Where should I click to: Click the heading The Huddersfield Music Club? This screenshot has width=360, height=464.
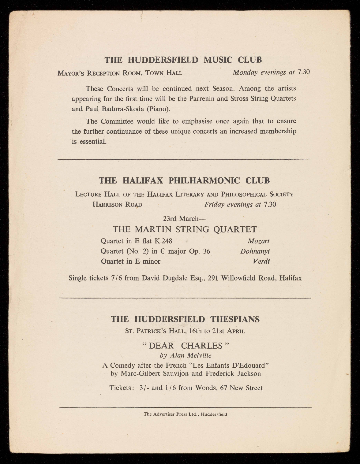coord(183,60)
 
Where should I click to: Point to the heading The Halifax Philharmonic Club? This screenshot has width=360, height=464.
coord(184,180)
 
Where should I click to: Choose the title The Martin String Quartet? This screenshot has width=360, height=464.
coord(185,229)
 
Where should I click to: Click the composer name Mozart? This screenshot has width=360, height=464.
coord(259,241)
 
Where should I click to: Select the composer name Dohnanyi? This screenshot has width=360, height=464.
coord(255,251)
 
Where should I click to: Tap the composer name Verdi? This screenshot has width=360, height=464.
coord(261,262)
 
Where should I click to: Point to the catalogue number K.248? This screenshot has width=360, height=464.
coord(166,241)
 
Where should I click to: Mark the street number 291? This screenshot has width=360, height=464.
coord(213,278)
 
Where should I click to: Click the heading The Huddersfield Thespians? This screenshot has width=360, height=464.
coord(185,319)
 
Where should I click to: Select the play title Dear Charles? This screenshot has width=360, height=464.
coord(186,346)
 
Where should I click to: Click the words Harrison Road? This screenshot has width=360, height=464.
coord(117,204)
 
